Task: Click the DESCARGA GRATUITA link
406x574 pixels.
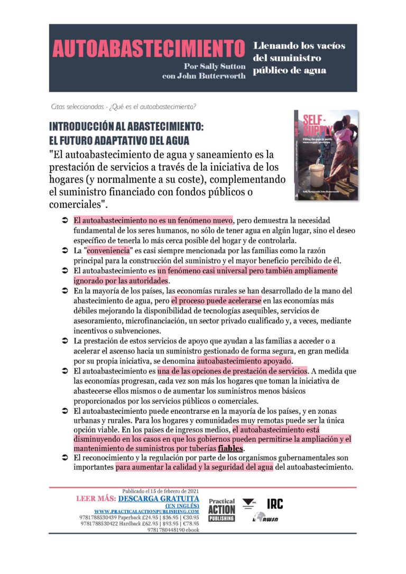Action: (159, 498)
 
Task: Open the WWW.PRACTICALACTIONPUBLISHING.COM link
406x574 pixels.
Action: (146, 512)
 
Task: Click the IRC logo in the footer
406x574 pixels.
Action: (274, 504)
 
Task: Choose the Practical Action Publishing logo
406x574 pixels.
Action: (222, 511)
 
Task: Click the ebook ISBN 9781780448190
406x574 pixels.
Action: (165, 530)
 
